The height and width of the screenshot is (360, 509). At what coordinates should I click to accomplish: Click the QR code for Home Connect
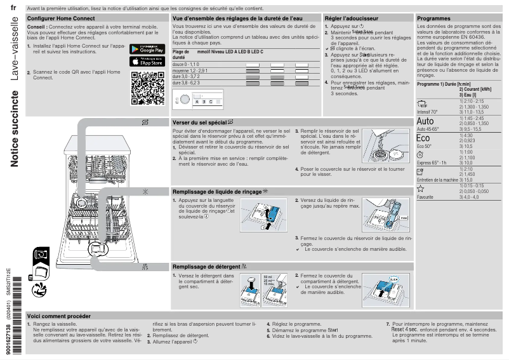(x=143, y=88)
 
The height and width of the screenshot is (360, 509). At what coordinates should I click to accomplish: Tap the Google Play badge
(x=143, y=49)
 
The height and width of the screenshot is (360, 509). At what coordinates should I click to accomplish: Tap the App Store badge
(x=143, y=62)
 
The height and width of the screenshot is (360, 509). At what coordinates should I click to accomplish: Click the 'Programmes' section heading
(x=434, y=19)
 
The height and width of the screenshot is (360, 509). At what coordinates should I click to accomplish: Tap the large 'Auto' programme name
(x=426, y=121)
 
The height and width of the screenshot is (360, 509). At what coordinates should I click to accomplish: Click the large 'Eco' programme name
(x=423, y=138)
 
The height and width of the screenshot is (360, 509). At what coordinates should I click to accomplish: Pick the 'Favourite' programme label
(x=426, y=197)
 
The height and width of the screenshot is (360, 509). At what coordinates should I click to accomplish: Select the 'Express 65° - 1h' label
(x=432, y=163)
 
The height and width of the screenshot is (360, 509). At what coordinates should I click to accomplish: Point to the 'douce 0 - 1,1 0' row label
(x=187, y=65)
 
